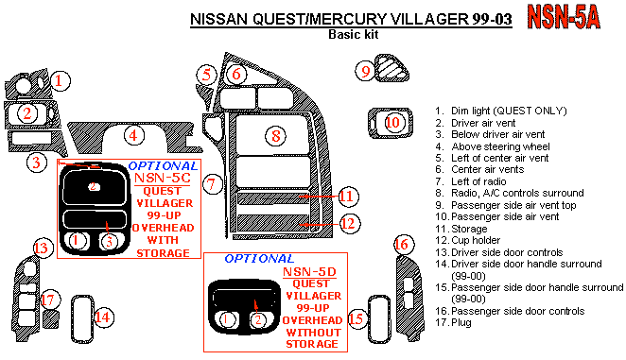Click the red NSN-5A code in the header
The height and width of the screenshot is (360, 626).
564,17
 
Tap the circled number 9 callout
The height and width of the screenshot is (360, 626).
365,72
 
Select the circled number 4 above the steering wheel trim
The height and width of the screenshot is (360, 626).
133,135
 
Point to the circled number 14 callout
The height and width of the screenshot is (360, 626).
104,317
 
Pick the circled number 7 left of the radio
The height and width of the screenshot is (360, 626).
212,184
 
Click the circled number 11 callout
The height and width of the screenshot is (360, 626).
348,197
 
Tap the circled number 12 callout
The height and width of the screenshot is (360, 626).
349,224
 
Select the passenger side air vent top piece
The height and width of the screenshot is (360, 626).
391,68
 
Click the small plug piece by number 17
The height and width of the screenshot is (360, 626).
51,319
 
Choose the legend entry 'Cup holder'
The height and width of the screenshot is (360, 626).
476,240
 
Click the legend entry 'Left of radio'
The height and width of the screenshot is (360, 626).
478,181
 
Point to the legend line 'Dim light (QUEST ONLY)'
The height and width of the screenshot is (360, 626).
509,111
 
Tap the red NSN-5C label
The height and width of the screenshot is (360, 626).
162,178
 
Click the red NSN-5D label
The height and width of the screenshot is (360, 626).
309,272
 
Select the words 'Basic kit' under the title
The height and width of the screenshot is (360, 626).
354,34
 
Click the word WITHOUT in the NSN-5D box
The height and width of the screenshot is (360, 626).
314,333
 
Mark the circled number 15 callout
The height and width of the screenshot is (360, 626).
356,318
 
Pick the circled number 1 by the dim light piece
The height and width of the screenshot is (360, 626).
60,81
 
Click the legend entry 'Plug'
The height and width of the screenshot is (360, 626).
461,322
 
